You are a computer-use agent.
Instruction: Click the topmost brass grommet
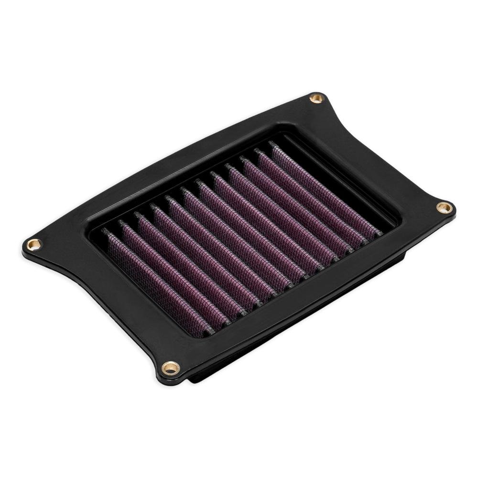(316, 98)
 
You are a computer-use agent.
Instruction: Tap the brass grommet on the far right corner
(444, 207)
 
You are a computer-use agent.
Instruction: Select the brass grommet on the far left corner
(34, 245)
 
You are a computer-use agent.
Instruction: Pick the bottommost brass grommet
(171, 368)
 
